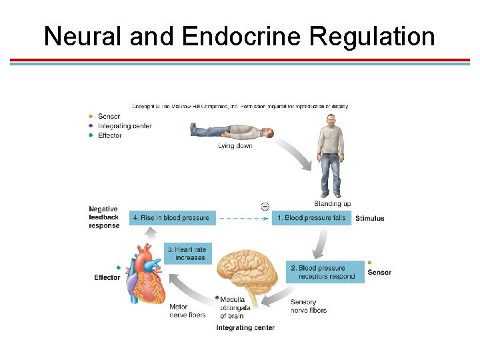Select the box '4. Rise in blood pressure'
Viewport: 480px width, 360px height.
pyautogui.click(x=170, y=217)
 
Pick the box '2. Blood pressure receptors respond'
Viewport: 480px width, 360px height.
pyautogui.click(x=325, y=272)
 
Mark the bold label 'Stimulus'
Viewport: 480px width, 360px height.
pyautogui.click(x=369, y=218)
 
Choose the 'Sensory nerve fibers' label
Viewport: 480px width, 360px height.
pyautogui.click(x=309, y=306)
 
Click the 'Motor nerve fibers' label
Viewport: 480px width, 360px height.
pyautogui.click(x=187, y=311)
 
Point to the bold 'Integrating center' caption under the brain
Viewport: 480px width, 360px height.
pyautogui.click(x=245, y=328)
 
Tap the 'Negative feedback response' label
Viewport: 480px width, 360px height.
pyautogui.click(x=104, y=217)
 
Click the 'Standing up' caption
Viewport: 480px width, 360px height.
pyautogui.click(x=332, y=203)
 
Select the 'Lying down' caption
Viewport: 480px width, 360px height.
pyautogui.click(x=235, y=146)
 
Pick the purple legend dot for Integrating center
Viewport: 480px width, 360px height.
pyautogui.click(x=91, y=126)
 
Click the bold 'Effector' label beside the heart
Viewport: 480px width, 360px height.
pyautogui.click(x=107, y=277)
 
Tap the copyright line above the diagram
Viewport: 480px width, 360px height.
pyautogui.click(x=240, y=106)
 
